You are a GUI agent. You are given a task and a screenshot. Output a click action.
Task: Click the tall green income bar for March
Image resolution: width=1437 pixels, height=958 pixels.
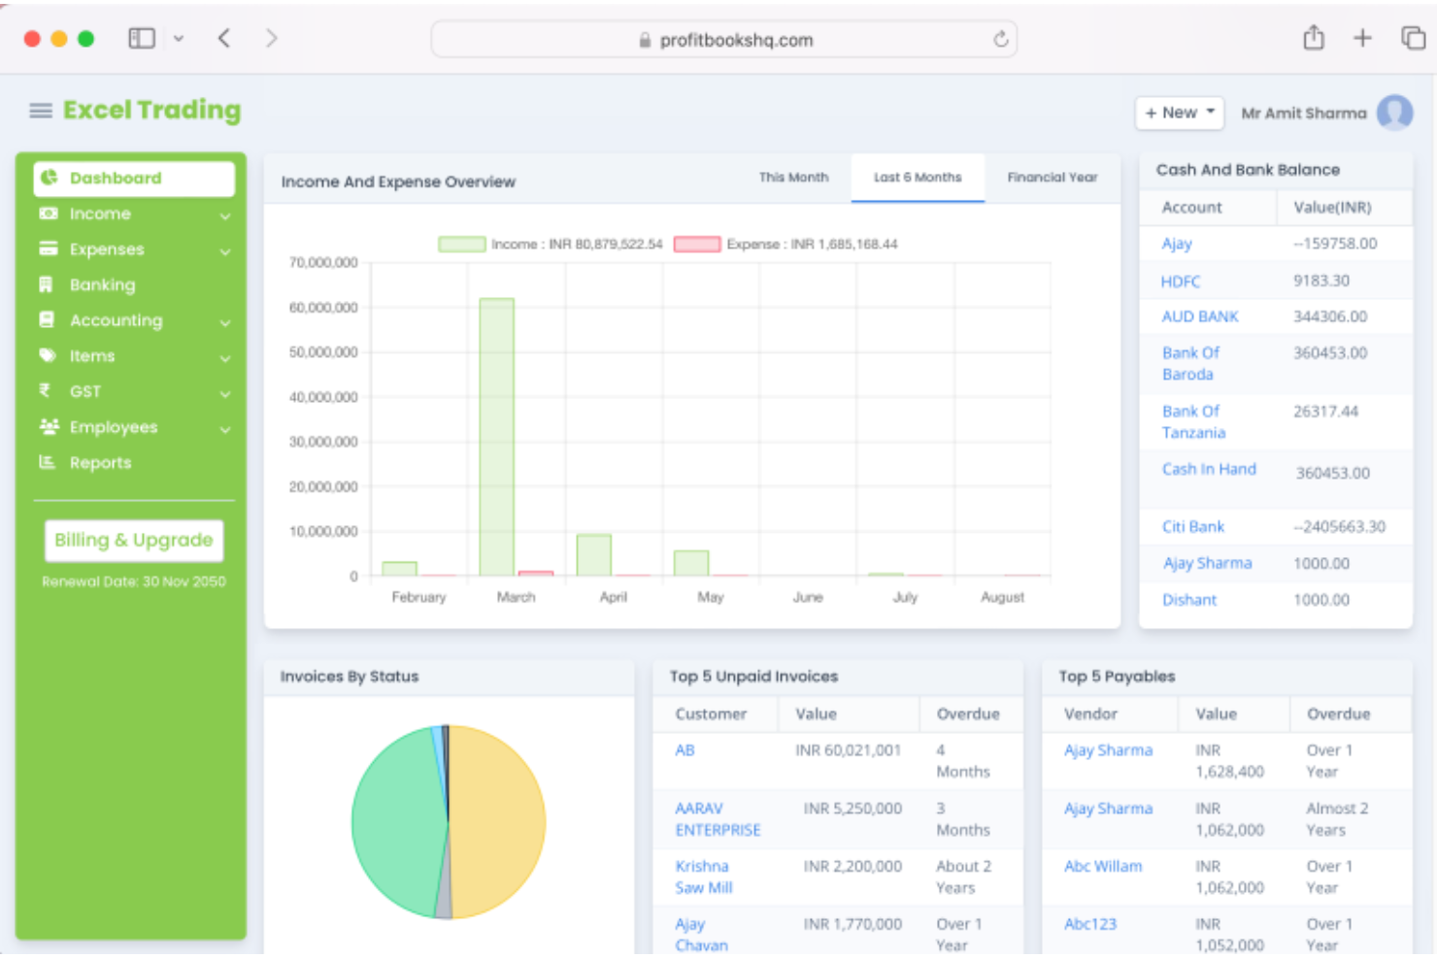click(x=496, y=437)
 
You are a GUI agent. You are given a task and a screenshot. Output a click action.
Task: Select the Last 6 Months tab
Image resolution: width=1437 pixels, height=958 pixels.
click(x=918, y=178)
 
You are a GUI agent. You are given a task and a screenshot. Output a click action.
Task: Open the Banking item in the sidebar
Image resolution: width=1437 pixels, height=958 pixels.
click(x=102, y=285)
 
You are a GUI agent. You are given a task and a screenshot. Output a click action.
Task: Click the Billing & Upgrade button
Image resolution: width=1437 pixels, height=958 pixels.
click(x=134, y=541)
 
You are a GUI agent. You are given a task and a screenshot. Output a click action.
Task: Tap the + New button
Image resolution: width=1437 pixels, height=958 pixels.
click(x=1179, y=113)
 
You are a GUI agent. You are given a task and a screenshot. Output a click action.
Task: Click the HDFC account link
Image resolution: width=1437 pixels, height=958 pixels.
click(x=1181, y=281)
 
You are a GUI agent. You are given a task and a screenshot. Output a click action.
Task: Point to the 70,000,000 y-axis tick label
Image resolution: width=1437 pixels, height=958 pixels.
click(x=323, y=263)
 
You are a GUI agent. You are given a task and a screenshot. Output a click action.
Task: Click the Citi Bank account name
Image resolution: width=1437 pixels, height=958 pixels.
click(x=1193, y=527)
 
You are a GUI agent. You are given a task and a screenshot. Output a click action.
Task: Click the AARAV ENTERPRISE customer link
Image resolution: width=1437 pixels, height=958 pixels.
click(x=718, y=819)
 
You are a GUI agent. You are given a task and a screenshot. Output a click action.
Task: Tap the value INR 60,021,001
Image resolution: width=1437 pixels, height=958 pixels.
click(x=848, y=750)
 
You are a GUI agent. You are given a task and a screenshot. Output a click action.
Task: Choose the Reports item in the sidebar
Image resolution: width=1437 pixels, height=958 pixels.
click(x=100, y=463)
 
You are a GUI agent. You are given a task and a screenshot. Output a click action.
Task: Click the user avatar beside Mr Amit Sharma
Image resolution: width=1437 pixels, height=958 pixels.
click(x=1394, y=113)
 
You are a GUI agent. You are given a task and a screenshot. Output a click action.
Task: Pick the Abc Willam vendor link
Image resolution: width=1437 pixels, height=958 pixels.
click(x=1103, y=867)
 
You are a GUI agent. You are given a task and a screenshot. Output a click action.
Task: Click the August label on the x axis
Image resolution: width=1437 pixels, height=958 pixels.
click(x=1002, y=597)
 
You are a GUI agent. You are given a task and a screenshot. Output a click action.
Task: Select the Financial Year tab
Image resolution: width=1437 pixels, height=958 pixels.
click(x=1052, y=178)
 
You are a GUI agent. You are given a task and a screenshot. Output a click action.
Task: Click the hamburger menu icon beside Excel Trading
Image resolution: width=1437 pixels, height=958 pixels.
click(x=41, y=111)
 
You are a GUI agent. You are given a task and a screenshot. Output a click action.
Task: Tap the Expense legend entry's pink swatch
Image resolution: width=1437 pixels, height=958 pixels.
click(x=697, y=245)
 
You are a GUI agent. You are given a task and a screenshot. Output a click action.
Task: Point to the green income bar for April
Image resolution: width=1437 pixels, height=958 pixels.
click(x=593, y=555)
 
